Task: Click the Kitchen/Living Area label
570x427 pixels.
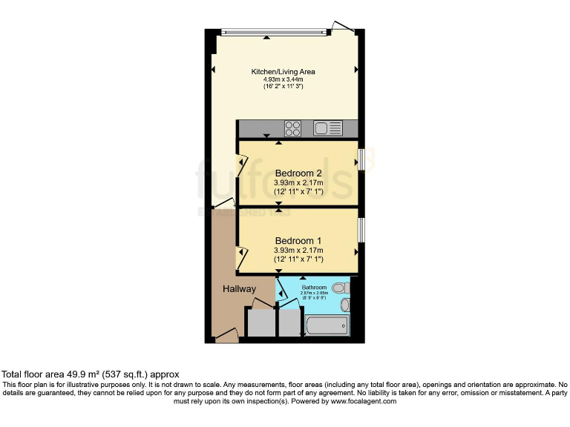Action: [284, 72]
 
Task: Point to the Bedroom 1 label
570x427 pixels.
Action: [298, 241]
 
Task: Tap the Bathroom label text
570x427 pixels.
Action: [313, 286]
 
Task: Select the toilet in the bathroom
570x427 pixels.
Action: [340, 288]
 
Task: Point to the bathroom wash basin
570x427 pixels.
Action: [344, 305]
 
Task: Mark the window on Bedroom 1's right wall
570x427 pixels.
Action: [361, 229]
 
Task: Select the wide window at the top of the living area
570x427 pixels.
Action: [274, 31]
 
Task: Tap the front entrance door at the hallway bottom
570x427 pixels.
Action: [227, 338]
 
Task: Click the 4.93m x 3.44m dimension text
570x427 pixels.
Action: [284, 79]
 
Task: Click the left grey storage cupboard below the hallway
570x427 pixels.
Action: [260, 325]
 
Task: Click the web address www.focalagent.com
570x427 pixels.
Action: [364, 401]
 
